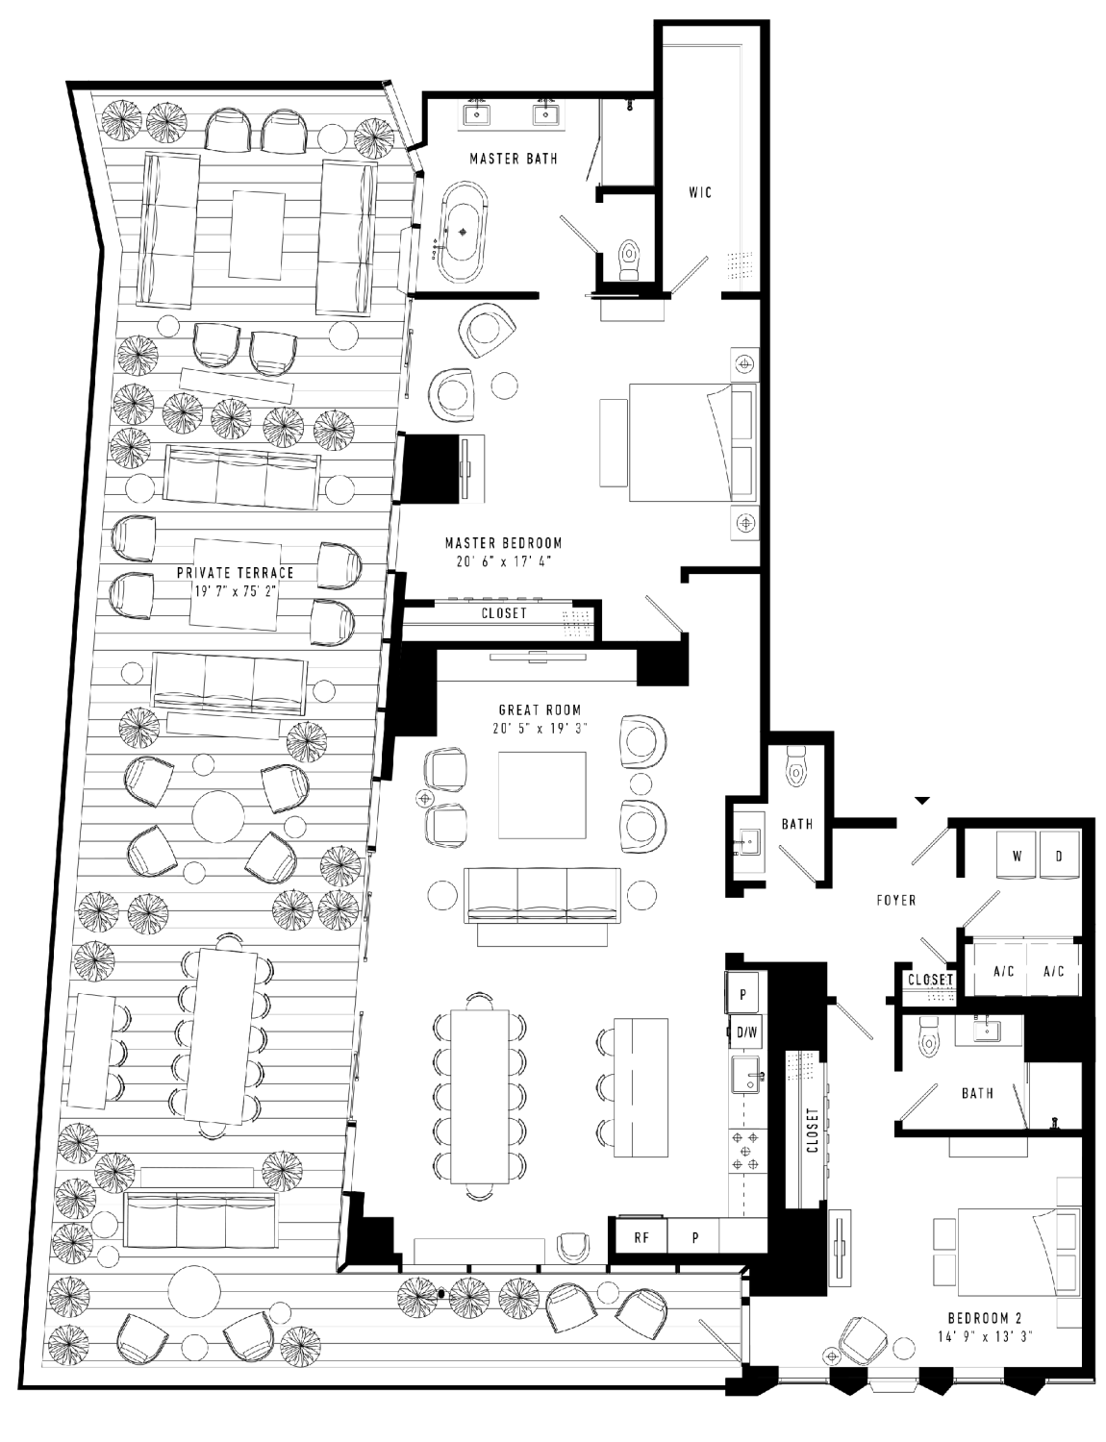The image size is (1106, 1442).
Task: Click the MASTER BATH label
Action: click(514, 159)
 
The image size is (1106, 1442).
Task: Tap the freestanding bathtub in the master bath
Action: click(463, 232)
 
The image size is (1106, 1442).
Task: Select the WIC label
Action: click(700, 192)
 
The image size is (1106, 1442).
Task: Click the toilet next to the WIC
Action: click(627, 260)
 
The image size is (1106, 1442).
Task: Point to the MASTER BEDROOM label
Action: click(503, 543)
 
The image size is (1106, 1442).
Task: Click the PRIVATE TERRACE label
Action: click(235, 572)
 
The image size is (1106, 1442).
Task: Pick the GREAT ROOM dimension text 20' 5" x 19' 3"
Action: click(540, 728)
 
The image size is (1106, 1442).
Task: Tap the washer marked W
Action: click(1018, 856)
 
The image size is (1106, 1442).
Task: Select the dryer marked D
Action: click(1058, 856)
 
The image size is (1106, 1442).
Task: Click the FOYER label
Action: click(896, 901)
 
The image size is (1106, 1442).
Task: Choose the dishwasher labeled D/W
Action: click(747, 1032)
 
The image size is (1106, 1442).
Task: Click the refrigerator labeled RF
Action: click(641, 1237)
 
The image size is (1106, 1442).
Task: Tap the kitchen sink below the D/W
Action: click(746, 1075)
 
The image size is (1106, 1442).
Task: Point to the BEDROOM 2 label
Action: click(985, 1318)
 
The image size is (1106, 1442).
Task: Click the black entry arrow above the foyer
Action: click(921, 800)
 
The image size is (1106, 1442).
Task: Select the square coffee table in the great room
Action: click(542, 795)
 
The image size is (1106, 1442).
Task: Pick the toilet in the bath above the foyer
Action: click(794, 767)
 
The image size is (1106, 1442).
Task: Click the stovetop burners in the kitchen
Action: click(744, 1150)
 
